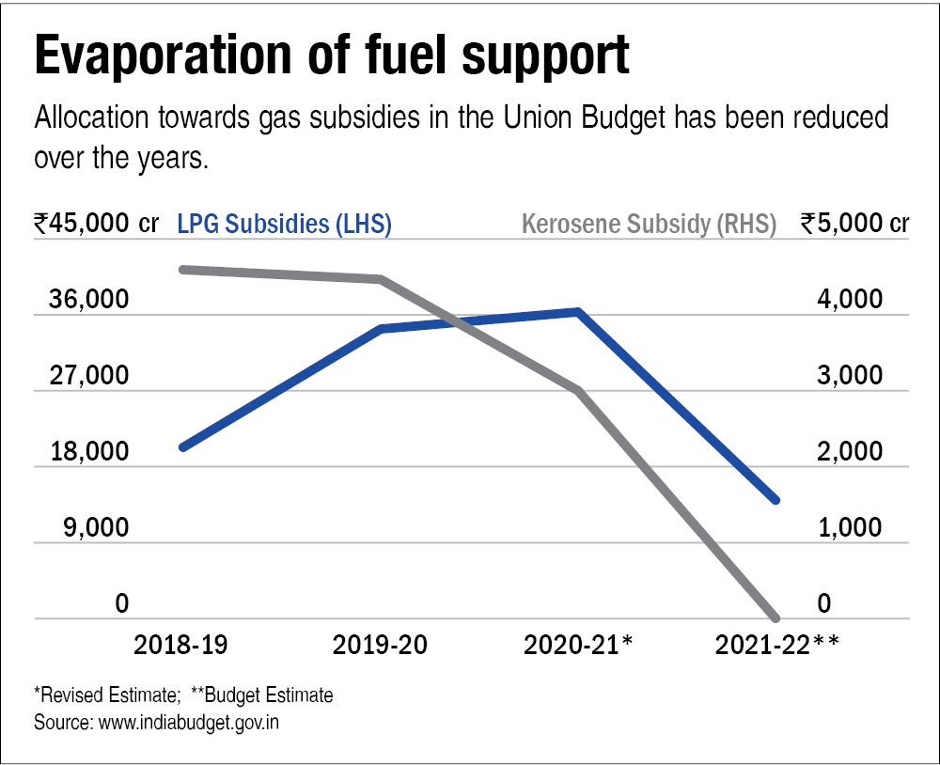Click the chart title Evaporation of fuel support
click(x=331, y=58)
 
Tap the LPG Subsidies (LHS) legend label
click(x=284, y=225)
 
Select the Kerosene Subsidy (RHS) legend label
click(x=649, y=225)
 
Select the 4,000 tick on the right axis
click(x=851, y=300)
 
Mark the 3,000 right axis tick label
click(x=851, y=376)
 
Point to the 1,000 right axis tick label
click(x=851, y=527)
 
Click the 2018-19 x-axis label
click(x=180, y=646)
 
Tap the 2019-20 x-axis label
click(x=380, y=646)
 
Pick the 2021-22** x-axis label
click(x=776, y=646)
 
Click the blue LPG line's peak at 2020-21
click(x=579, y=311)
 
